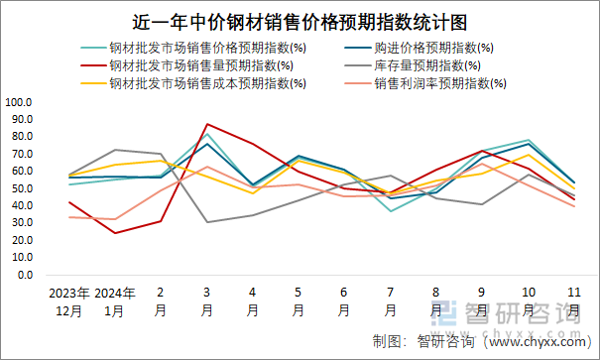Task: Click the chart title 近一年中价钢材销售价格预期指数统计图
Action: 300,21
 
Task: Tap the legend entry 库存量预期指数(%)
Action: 429,65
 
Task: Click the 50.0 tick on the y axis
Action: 22,188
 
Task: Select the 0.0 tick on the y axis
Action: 25,275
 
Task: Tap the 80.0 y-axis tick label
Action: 22,137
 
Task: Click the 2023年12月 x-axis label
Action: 68,301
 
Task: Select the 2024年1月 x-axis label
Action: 114,301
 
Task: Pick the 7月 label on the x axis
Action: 390,301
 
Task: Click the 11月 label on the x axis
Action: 573,301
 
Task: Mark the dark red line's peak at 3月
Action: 206,124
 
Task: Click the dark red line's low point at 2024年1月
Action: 114,233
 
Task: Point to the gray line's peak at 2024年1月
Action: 114,150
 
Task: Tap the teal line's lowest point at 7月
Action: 390,211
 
